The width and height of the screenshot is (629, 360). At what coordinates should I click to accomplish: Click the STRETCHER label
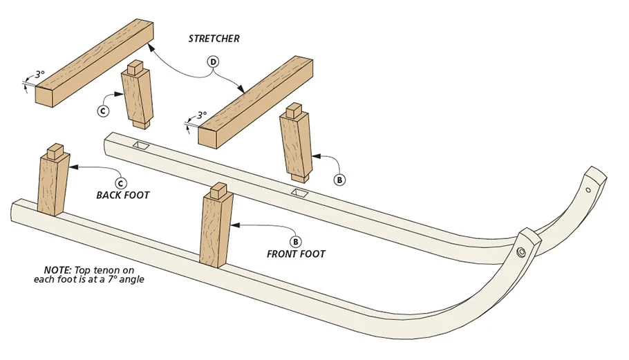pos(214,39)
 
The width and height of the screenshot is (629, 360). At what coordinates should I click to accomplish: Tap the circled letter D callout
pos(214,62)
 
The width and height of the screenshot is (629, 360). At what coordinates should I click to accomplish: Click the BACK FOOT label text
pos(123,195)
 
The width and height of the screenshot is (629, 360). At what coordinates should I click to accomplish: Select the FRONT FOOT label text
pos(296,254)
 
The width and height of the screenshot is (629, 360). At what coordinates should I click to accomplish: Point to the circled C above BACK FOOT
pos(121,183)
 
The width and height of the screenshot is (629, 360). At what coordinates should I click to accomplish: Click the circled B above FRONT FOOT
pos(296,242)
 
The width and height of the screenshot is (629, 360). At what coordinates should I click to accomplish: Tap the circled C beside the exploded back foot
pos(103,109)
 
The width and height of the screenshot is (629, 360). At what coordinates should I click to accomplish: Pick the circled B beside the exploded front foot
pos(339,180)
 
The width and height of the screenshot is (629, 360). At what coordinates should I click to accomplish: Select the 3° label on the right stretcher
pos(201,115)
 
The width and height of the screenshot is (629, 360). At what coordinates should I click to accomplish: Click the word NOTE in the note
pos(55,270)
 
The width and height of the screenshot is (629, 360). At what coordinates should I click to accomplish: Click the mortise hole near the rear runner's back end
pos(143,145)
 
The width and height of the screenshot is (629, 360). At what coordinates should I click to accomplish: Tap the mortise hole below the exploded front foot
pos(299,192)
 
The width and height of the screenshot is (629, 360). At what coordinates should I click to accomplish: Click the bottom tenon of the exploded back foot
pos(141,125)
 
